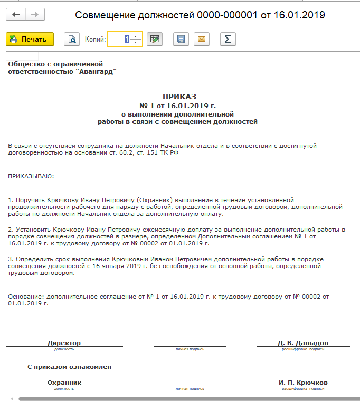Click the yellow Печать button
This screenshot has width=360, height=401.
[x=30, y=39]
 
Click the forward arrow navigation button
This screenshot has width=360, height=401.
[x=35, y=14]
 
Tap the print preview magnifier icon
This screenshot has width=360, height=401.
[x=71, y=39]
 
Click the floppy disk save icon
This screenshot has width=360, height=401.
[x=181, y=39]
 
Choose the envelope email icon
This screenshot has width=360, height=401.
[x=201, y=39]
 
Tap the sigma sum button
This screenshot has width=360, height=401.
[x=228, y=39]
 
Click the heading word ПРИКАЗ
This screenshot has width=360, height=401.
[x=179, y=97]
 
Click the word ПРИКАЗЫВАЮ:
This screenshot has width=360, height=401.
[x=31, y=176]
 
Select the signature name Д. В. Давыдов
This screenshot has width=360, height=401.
[x=302, y=343]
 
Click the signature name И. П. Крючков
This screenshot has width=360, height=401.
[x=303, y=383]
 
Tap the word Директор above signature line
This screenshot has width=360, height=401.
[x=64, y=343]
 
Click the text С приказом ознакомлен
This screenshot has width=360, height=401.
[x=69, y=366]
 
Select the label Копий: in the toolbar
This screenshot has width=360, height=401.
[x=95, y=39]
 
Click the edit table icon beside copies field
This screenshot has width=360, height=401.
[x=154, y=39]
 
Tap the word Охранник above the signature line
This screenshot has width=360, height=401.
[x=64, y=383]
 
